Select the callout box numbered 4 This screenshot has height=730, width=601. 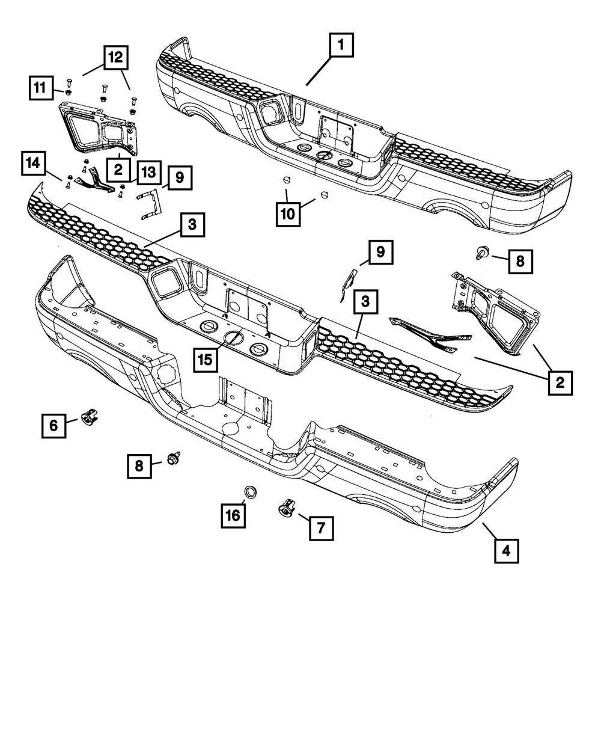[506, 550]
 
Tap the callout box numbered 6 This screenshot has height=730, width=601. [53, 426]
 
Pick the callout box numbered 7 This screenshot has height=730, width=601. [321, 528]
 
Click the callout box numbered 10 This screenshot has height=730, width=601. [288, 213]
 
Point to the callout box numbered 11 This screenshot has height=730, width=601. [40, 88]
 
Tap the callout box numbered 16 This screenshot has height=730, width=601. [233, 515]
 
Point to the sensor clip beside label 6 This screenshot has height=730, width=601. [89, 416]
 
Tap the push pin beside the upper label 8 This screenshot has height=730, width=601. [481, 254]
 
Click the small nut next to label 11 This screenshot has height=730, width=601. [67, 93]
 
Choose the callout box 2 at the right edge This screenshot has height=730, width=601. [560, 382]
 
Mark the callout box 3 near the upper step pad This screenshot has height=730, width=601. [192, 225]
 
